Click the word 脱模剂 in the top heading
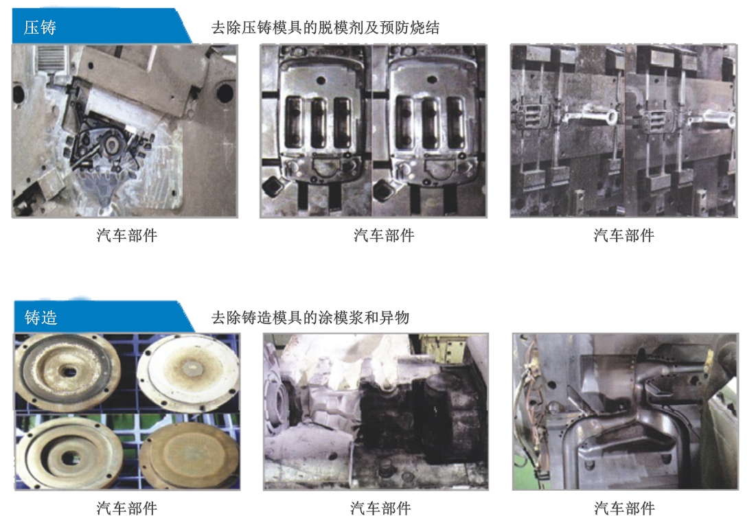341,27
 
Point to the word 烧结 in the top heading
425,27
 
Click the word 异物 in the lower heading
394,318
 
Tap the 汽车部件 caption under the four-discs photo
127,508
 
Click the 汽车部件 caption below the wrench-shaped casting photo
624,235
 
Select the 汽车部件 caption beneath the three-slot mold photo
384,235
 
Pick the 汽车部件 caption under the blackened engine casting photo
380,508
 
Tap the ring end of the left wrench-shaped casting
610,117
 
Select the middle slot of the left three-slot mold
319,123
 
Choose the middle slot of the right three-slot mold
431,123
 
